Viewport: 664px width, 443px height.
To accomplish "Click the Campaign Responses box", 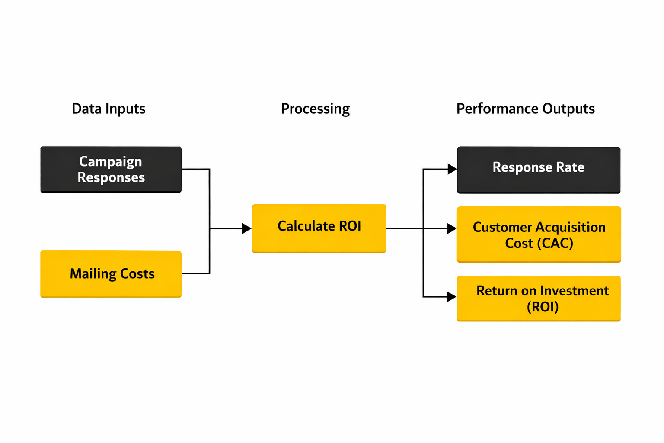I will [x=111, y=169].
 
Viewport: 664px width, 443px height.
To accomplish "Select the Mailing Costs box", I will [x=111, y=274].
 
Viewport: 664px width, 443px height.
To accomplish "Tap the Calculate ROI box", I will [x=319, y=228].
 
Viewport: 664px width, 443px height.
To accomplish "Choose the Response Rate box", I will [x=539, y=170].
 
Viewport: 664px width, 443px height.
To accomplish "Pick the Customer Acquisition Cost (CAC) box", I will [x=539, y=234].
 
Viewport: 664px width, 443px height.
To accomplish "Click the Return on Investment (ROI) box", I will [x=539, y=299].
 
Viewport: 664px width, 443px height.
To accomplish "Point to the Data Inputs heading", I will [x=109, y=109].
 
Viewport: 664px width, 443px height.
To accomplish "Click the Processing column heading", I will [x=315, y=109].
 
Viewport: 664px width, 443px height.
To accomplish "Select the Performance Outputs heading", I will [x=525, y=109].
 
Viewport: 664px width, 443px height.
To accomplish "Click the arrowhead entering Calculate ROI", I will [x=246, y=228].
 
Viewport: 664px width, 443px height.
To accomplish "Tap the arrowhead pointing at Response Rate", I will [x=452, y=169].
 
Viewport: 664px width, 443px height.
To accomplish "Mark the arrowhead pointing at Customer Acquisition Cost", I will [x=452, y=228].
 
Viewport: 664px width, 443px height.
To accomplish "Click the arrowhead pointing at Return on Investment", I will [x=452, y=297].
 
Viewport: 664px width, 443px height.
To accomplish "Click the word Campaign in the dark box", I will [x=111, y=161].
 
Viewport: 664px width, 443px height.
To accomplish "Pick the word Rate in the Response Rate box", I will [x=570, y=167].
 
